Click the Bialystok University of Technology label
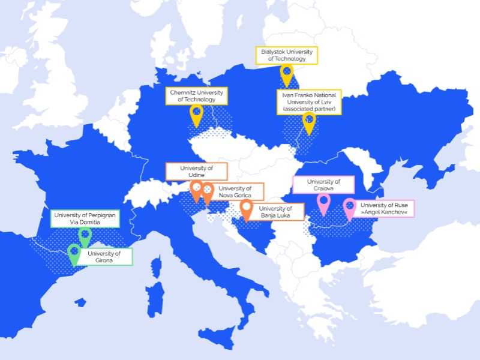click(287, 56)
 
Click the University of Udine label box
click(197, 172)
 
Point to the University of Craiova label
click(323, 185)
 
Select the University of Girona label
click(104, 257)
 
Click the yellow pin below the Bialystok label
click(287, 74)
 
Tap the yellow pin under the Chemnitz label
click(196, 113)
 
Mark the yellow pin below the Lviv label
click(309, 121)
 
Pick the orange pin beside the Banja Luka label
click(246, 209)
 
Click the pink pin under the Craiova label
click(324, 202)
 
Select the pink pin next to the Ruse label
click(349, 208)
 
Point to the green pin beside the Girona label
click(74, 253)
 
